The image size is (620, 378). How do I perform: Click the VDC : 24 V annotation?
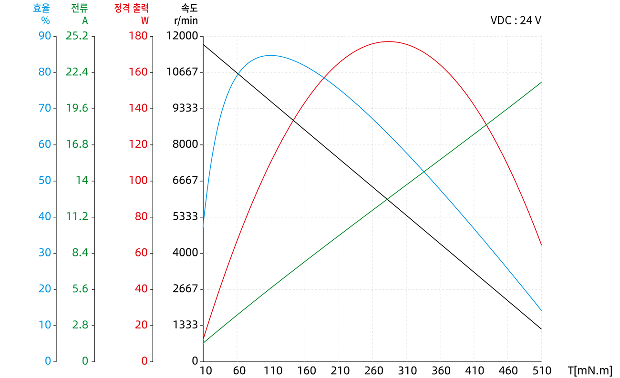tap(516, 20)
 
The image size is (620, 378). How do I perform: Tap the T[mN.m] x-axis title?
tap(589, 370)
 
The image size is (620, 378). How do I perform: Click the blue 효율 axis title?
tap(41, 8)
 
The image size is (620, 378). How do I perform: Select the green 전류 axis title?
tap(79, 8)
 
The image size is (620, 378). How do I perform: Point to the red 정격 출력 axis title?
tap(132, 8)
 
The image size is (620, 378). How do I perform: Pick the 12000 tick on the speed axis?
tap(182, 36)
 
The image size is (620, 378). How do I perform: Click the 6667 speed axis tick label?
tap(185, 181)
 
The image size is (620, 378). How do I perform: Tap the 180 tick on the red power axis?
tap(138, 36)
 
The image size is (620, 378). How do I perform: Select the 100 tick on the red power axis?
tap(138, 181)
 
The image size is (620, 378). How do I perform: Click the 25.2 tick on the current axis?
tap(77, 36)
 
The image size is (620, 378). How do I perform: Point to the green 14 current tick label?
tap(82, 181)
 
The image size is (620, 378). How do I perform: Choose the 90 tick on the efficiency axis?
tap(45, 36)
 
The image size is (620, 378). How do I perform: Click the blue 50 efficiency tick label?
tap(45, 181)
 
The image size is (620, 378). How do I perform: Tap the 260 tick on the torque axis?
tap(372, 370)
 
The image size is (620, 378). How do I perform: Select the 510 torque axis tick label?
tap(541, 370)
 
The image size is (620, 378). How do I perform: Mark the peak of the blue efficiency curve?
tap(270, 55)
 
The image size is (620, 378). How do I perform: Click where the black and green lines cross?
tap(387, 199)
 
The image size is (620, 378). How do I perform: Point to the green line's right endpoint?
tap(541, 82)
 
